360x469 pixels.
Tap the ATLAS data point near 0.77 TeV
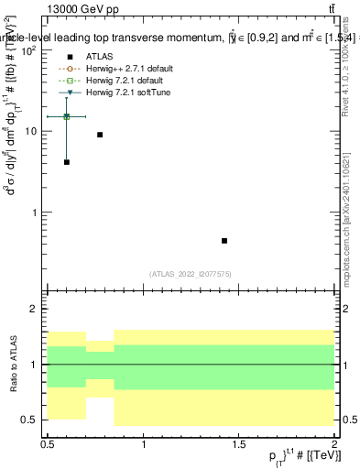tap(100, 135)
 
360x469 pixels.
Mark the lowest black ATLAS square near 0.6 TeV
tap(67, 162)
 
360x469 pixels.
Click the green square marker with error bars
tap(67, 116)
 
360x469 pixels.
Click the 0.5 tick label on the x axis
tap(49, 442)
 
